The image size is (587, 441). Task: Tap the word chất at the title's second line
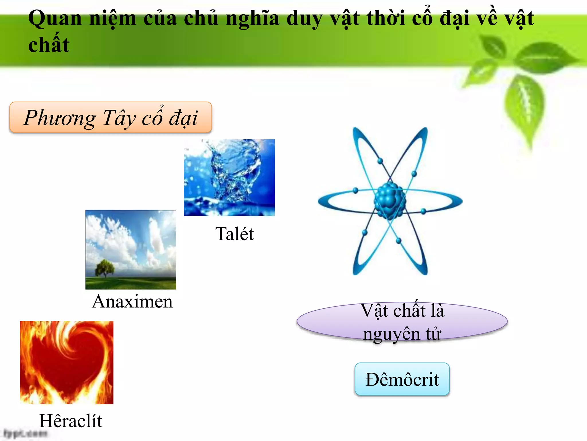[x=49, y=45]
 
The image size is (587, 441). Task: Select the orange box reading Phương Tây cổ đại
[x=111, y=117]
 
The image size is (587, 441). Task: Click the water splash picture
[x=229, y=177]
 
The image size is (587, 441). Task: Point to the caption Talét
[x=234, y=234]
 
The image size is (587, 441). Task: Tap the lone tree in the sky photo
[x=104, y=268]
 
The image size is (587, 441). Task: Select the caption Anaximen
[x=132, y=301]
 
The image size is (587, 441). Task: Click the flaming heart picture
[x=66, y=362]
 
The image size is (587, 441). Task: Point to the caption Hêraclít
[x=71, y=421]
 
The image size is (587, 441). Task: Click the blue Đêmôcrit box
[x=402, y=379]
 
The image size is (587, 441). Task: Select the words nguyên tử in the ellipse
[x=402, y=334]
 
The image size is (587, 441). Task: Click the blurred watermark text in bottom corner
[x=25, y=433]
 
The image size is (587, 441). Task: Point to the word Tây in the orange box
[x=119, y=118]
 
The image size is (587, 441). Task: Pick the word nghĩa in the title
[x=252, y=19]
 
